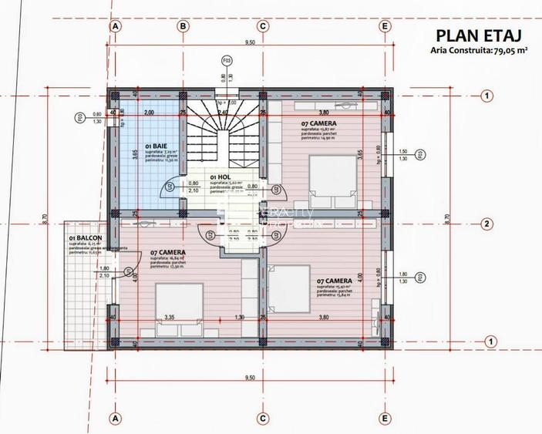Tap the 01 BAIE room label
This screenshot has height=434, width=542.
pos(155,145)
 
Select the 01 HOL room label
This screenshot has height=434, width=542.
pos(219,177)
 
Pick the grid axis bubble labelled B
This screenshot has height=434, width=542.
pos(183,25)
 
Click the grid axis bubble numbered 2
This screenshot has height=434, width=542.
pos(486,224)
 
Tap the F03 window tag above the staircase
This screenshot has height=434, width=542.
pos(227,59)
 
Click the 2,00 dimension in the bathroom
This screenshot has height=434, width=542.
pos(149,113)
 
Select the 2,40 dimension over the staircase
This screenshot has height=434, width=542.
pos(224,113)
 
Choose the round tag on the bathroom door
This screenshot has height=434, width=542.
pos(169,187)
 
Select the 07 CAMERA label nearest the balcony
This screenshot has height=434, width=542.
pos(167,253)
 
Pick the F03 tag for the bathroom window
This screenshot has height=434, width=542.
pos(79,118)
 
